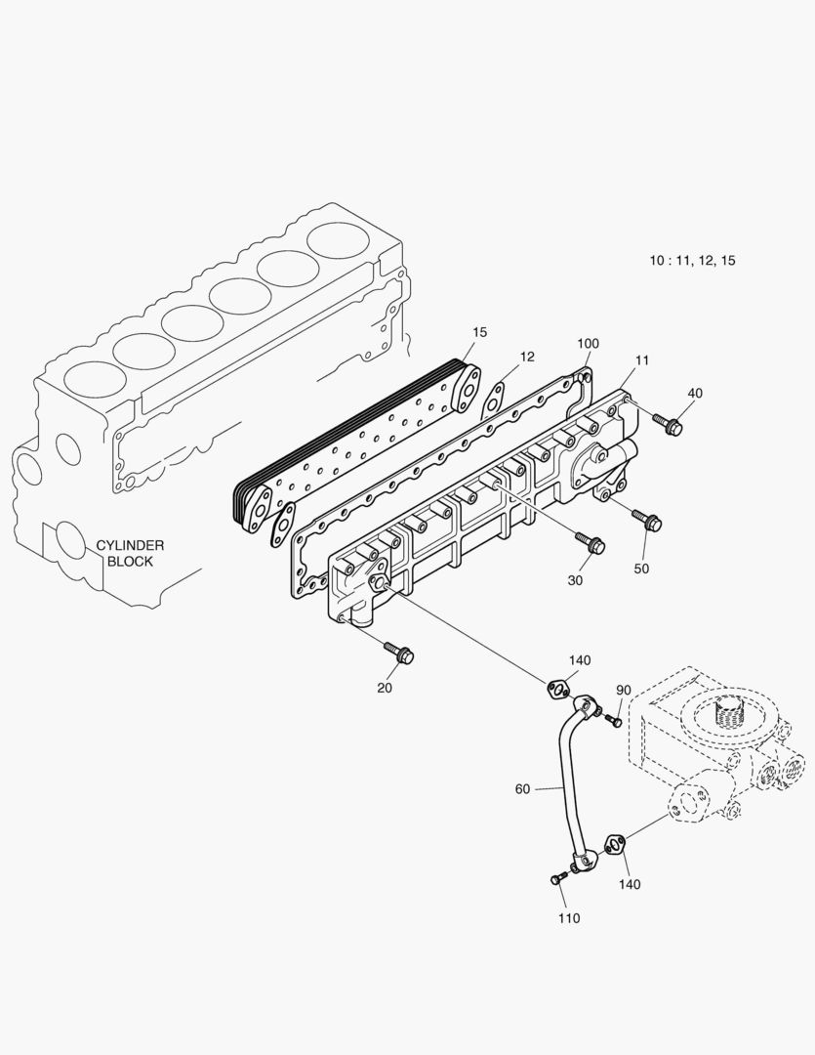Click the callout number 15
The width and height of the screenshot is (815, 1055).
click(479, 332)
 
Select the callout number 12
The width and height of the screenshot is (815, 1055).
click(527, 358)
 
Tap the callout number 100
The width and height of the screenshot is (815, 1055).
click(588, 344)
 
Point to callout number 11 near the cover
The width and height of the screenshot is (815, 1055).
click(641, 361)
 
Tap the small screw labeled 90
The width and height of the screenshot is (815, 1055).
click(614, 721)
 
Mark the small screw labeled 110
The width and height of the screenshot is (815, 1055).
click(557, 879)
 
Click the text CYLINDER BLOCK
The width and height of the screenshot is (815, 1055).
click(130, 554)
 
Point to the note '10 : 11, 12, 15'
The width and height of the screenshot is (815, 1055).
click(693, 261)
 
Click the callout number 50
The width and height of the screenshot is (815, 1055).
click(641, 569)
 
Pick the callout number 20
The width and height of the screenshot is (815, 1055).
click(386, 688)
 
